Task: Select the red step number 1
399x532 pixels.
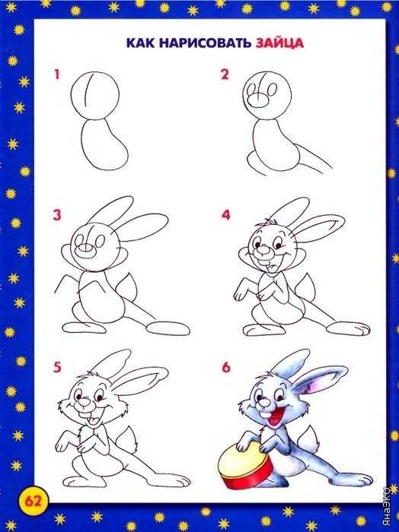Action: [x=57, y=74]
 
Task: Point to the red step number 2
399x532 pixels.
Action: [x=225, y=74]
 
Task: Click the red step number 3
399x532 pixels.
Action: [x=57, y=215]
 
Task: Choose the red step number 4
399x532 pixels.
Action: [x=226, y=215]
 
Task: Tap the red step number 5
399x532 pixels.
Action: [x=57, y=368]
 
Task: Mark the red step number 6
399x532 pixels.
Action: [x=226, y=368]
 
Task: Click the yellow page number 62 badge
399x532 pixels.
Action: [x=33, y=501]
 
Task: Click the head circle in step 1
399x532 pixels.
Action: [x=95, y=96]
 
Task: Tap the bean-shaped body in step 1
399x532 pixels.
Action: [x=104, y=144]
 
